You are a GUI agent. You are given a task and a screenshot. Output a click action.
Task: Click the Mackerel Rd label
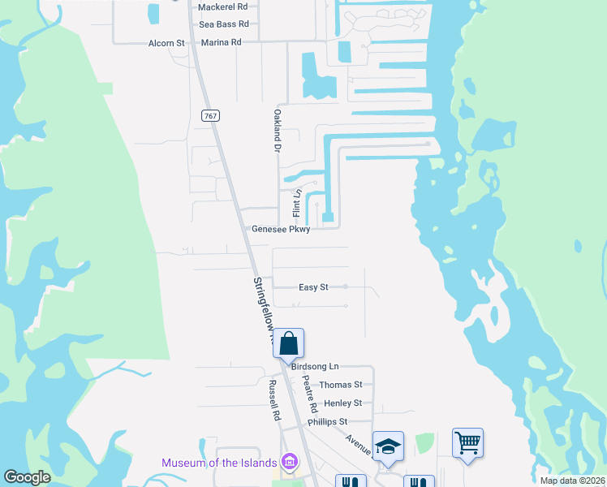click(x=222, y=6)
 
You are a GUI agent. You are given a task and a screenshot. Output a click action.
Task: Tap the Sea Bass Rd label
click(x=222, y=24)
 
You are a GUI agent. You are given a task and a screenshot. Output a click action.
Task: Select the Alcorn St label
click(x=167, y=42)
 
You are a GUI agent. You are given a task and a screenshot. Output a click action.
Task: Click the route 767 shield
click(x=210, y=116)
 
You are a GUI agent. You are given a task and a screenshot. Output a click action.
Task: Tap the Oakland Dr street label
click(x=277, y=131)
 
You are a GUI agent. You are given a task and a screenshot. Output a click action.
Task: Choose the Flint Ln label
click(x=297, y=204)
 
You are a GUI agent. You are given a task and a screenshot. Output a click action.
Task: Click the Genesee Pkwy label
click(x=281, y=230)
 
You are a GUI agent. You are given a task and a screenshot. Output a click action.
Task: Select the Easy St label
click(x=313, y=287)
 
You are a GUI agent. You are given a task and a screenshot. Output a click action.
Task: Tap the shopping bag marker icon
click(x=289, y=343)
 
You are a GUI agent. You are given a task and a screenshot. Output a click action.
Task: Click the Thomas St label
click(x=341, y=385)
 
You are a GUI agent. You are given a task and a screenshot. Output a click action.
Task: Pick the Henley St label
click(x=342, y=403)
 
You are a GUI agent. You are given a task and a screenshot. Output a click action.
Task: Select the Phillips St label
click(x=327, y=422)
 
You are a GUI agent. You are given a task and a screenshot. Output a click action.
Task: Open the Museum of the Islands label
click(x=219, y=463)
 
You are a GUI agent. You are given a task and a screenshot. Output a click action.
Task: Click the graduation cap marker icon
click(x=389, y=446)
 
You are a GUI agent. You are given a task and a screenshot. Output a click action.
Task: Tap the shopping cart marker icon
click(x=467, y=443)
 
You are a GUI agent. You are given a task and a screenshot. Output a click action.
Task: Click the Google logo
click(x=27, y=477)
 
